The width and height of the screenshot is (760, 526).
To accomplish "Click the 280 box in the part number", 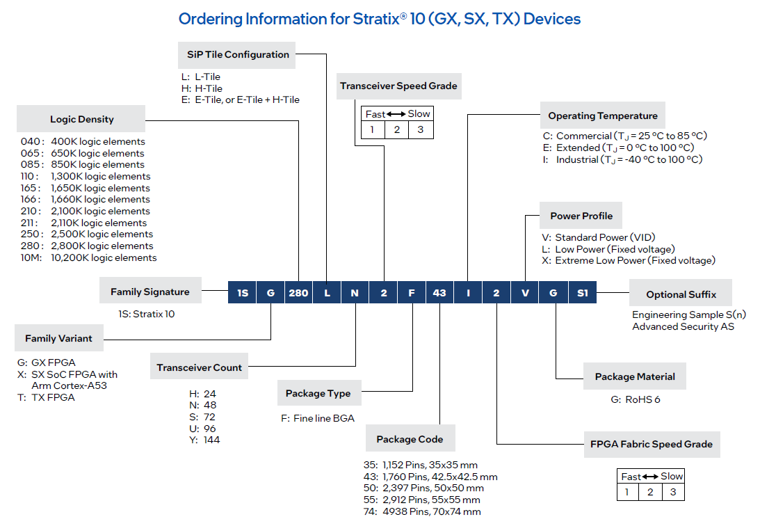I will pyautogui.click(x=298, y=293).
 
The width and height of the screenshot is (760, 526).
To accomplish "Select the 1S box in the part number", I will pyautogui.click(x=242, y=293).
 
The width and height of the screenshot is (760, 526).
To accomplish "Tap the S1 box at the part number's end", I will pyautogui.click(x=582, y=293).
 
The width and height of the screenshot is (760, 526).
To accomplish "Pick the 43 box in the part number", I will pyautogui.click(x=439, y=293).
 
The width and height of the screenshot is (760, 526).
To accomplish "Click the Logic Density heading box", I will pyautogui.click(x=82, y=119).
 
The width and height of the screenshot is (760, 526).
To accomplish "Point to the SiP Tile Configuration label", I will pyautogui.click(x=238, y=54).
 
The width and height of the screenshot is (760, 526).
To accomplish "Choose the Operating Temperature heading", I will pyautogui.click(x=602, y=115).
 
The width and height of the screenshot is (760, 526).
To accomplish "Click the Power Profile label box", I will pyautogui.click(x=581, y=216).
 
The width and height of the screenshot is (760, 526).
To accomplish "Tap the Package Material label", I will pyautogui.click(x=635, y=376).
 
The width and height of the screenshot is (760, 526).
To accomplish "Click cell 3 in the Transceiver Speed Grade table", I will pyautogui.click(x=420, y=129).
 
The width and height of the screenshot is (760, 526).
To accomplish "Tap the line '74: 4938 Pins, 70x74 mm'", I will pyautogui.click(x=431, y=511).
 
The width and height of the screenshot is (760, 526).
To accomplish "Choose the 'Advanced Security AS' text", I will pyautogui.click(x=683, y=326).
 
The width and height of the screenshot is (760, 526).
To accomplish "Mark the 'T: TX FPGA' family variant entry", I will pyautogui.click(x=46, y=397).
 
